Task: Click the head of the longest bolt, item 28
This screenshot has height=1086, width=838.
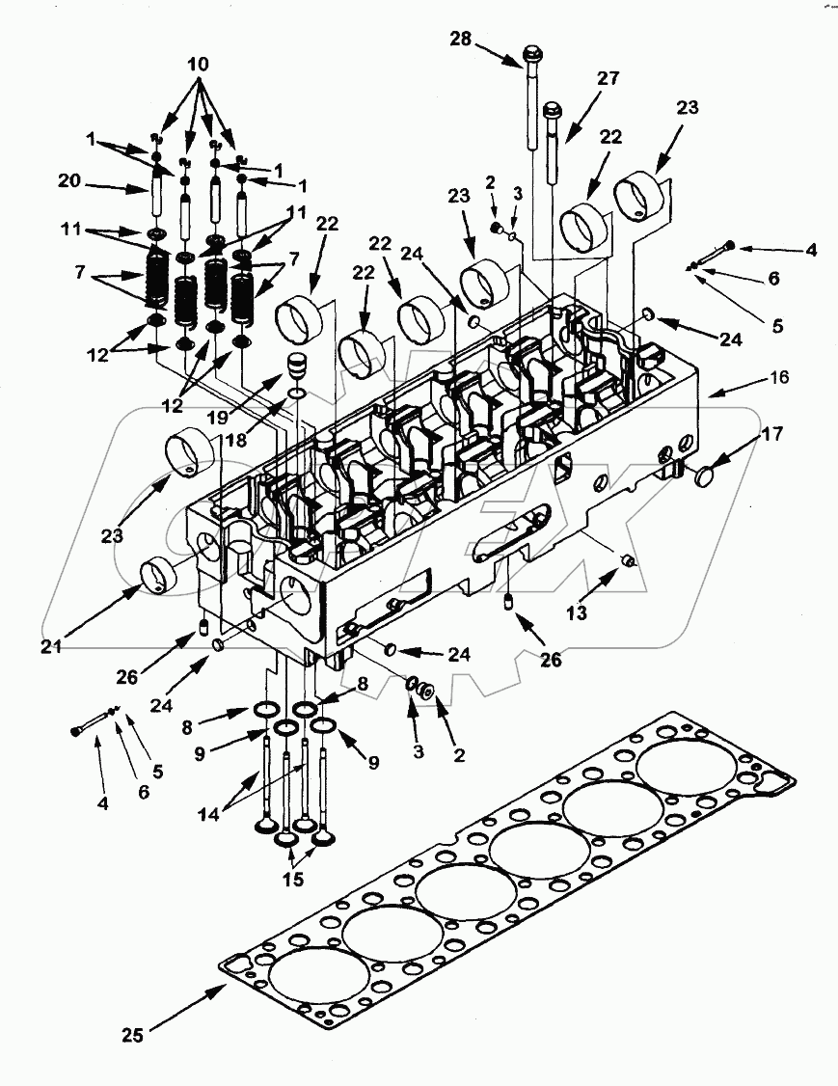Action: pyautogui.click(x=531, y=51)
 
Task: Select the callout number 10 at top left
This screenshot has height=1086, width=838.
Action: pyautogui.click(x=198, y=63)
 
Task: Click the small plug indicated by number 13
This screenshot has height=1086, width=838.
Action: pyautogui.click(x=628, y=561)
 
